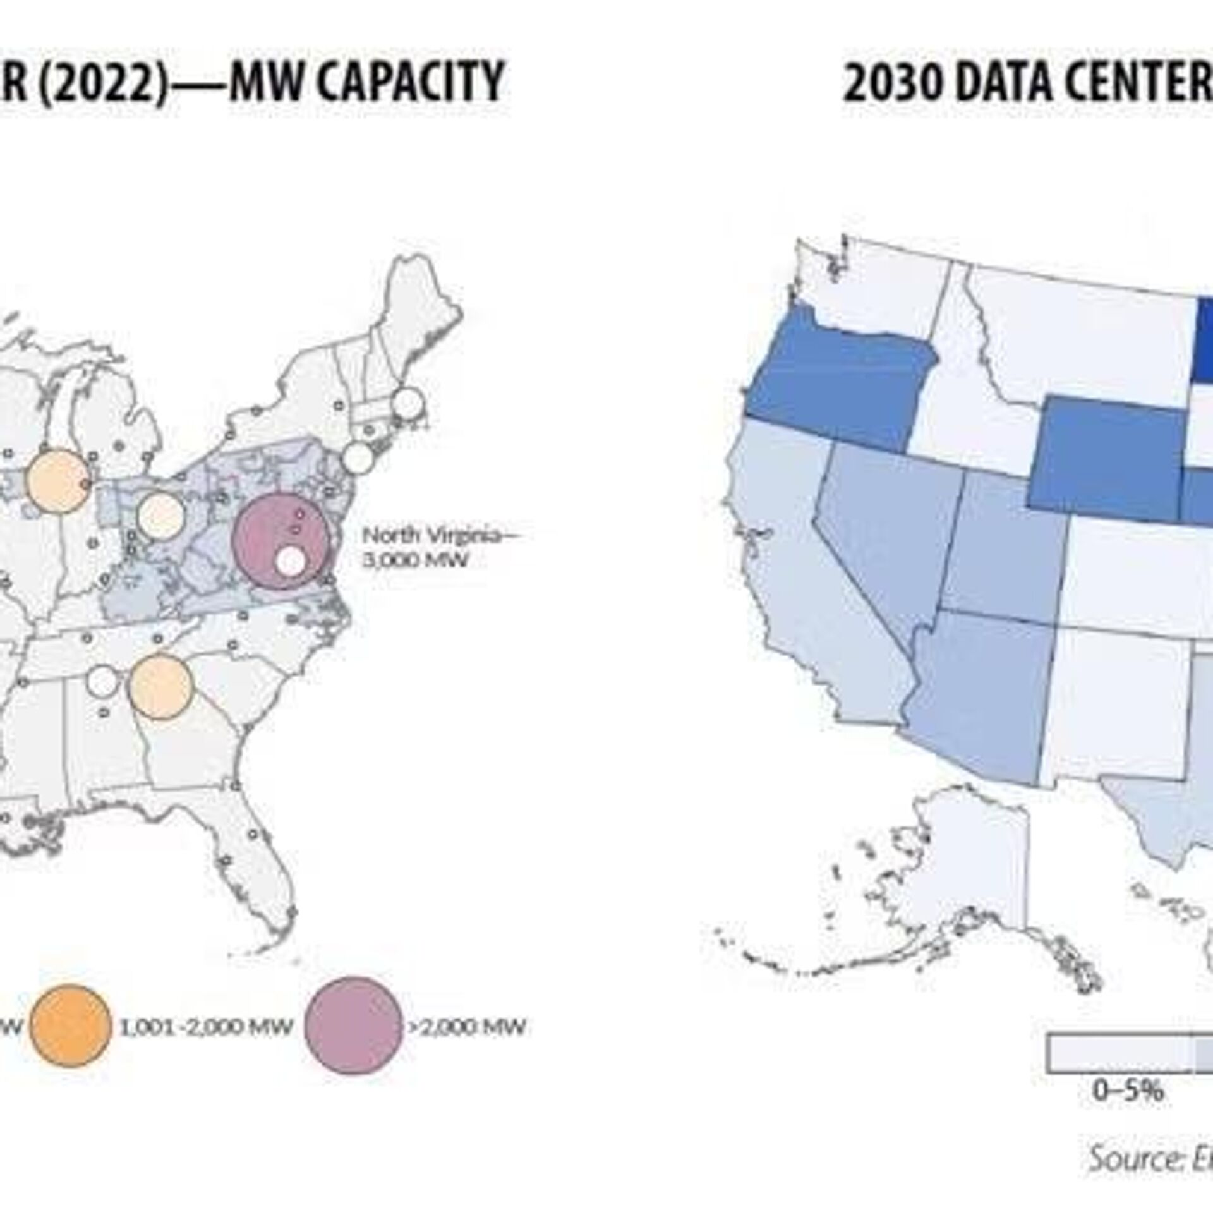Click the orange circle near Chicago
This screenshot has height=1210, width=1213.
coord(57,480)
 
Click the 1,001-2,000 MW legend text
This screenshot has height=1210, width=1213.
coord(206,1027)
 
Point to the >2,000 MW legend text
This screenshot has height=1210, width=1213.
coord(468,1027)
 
